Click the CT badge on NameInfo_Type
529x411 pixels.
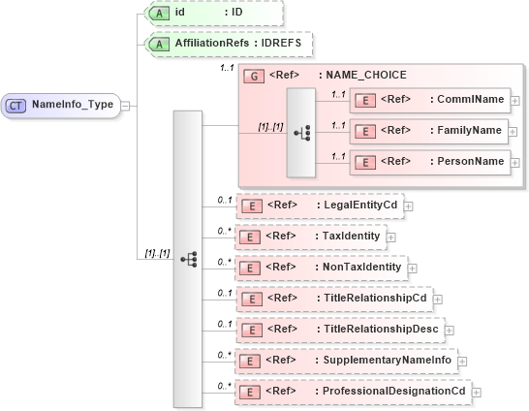17,104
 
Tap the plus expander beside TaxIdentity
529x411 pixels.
391,236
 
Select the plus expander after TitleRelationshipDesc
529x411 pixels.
450,330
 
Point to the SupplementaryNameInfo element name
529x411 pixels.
389,360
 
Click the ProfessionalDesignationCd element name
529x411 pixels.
394,391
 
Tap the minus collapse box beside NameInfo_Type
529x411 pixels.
126,105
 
